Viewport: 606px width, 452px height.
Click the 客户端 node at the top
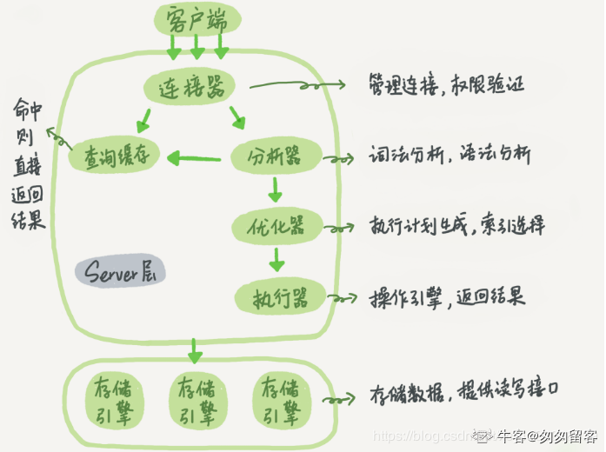[197, 17]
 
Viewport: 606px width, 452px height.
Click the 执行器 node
[280, 297]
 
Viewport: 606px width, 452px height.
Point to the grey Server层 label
[119, 272]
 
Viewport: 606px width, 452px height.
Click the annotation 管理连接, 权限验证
[447, 85]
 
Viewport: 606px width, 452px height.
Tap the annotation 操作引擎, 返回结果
[447, 296]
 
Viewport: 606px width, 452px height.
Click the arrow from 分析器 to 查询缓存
[194, 158]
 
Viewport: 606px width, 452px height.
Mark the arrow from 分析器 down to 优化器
[276, 189]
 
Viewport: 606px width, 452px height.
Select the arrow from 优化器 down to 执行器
[276, 258]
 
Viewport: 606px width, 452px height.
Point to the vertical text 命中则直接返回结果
[29, 165]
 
